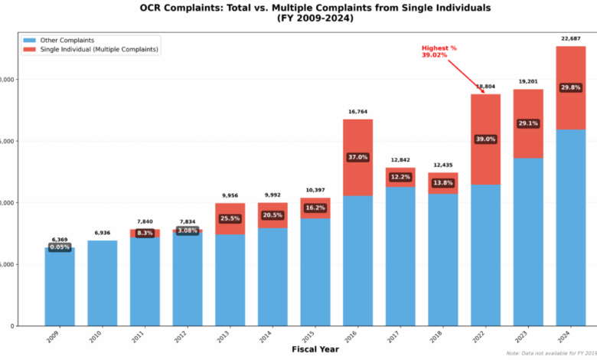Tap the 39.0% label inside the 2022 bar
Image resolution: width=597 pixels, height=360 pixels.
(485, 139)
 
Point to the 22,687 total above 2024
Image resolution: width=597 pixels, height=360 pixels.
(570, 38)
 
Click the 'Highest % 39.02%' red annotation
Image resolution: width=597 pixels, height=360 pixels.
(439, 51)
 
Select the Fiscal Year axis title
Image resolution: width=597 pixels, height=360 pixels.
(315, 350)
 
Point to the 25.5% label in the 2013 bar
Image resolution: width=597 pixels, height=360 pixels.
(230, 218)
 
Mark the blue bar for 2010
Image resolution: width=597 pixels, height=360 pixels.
(103, 283)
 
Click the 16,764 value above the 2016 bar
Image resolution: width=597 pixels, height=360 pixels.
(357, 112)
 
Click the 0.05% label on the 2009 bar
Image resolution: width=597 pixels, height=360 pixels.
(60, 247)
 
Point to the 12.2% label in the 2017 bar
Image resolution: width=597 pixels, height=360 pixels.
(400, 177)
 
